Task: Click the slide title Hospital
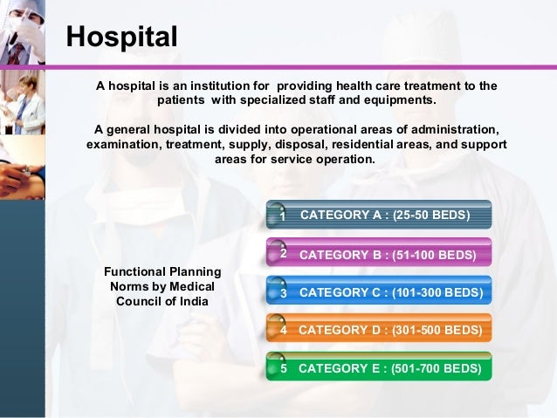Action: click(123, 37)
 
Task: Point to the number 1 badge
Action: click(282, 216)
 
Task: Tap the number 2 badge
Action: click(283, 253)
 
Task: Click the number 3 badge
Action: click(283, 293)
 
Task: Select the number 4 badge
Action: click(283, 331)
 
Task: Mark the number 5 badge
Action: click(283, 369)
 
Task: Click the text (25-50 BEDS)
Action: click(431, 215)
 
